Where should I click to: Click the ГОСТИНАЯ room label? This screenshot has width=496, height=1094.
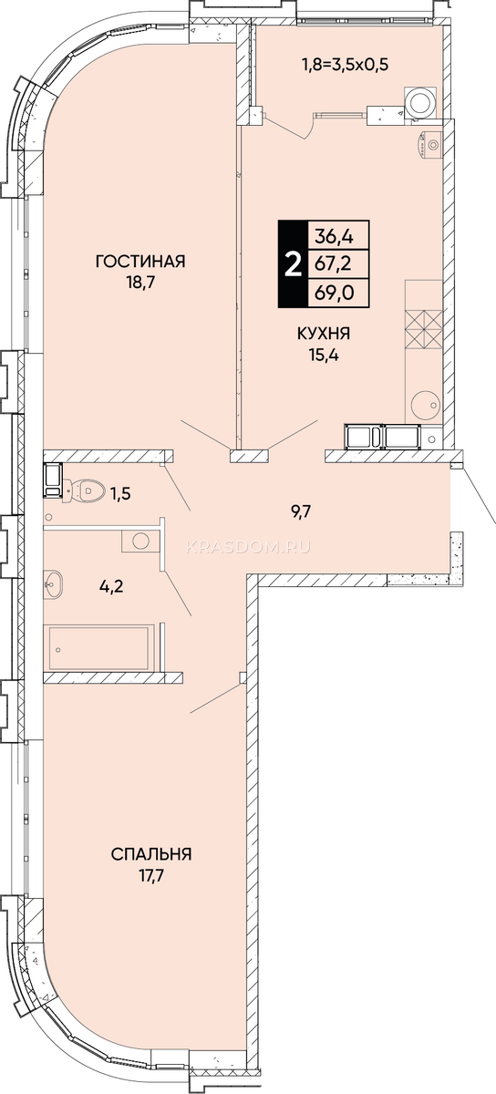click(x=140, y=262)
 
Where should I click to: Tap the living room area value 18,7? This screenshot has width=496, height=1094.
click(x=139, y=283)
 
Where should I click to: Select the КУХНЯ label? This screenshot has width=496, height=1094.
click(x=324, y=334)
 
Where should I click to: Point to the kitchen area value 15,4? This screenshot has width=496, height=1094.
click(x=324, y=355)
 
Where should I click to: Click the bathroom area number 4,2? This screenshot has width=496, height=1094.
click(x=112, y=585)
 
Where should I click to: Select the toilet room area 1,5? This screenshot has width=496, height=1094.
click(x=120, y=494)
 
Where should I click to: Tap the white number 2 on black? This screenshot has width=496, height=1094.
click(x=293, y=264)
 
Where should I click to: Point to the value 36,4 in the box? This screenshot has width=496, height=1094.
click(x=335, y=236)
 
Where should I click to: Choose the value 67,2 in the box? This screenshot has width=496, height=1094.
click(x=335, y=264)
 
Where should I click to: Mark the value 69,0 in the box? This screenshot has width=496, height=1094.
click(x=336, y=293)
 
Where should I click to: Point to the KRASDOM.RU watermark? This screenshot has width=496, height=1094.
click(x=248, y=548)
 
